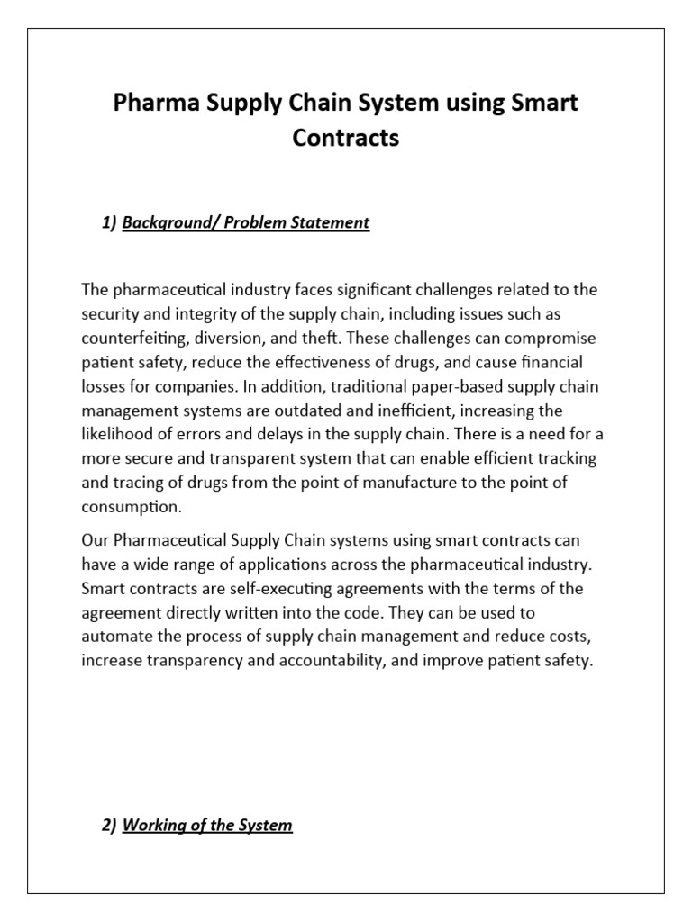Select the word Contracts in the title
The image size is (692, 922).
(x=346, y=138)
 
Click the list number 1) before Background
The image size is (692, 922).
(x=110, y=222)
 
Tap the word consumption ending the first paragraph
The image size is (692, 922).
(x=131, y=507)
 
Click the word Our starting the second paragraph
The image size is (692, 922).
(x=95, y=540)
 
